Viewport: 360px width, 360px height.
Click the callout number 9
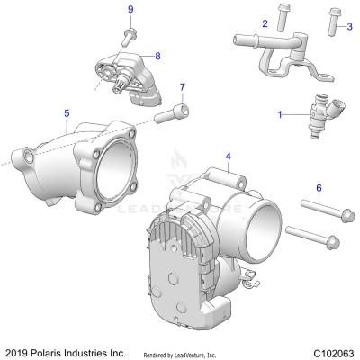pos(130,9)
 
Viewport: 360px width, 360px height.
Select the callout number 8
pos(157,56)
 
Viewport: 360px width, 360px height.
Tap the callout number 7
pos(183,87)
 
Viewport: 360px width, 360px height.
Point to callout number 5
pos(67,113)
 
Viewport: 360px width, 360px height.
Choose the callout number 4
pos(229,157)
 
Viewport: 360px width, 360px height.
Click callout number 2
pos(265,22)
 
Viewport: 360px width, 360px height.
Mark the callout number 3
pos(349,27)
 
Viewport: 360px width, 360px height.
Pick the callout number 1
pos(280,114)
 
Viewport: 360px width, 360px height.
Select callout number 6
pos(319,187)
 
